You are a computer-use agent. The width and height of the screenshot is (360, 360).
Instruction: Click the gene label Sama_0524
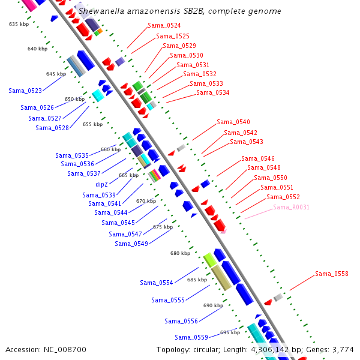click(x=164, y=26)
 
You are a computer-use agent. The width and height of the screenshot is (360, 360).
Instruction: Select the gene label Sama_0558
click(x=331, y=274)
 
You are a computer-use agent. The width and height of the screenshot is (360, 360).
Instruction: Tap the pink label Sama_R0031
click(x=291, y=207)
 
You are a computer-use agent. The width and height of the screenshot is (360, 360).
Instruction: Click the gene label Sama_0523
click(x=25, y=91)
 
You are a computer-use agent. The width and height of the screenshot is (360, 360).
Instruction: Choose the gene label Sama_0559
click(x=191, y=337)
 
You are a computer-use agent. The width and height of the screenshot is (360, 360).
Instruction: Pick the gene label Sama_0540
click(x=233, y=122)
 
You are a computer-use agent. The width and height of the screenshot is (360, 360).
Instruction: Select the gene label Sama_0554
click(x=157, y=283)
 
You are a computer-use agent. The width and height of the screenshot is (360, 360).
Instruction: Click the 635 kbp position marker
click(x=19, y=24)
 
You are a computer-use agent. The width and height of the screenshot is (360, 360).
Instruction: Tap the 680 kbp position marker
click(x=180, y=253)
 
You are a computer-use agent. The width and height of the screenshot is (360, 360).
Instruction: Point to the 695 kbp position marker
click(x=230, y=332)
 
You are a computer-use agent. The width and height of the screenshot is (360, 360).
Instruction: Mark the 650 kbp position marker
click(x=74, y=99)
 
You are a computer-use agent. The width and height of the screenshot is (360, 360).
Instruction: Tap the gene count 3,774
click(x=343, y=349)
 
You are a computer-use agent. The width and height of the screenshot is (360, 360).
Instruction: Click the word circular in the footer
click(x=211, y=349)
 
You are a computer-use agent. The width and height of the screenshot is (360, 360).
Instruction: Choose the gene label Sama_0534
click(x=212, y=92)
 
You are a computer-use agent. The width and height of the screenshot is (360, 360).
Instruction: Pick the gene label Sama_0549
click(x=131, y=244)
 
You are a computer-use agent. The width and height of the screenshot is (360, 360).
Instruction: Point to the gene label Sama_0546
click(x=258, y=158)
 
